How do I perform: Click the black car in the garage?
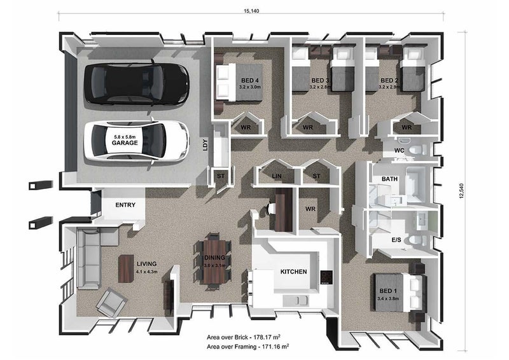click(x=137, y=83)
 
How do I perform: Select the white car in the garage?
click(x=136, y=141)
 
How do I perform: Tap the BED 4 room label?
click(x=249, y=80)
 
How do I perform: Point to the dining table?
click(x=214, y=262)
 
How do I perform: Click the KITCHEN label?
click(x=293, y=272)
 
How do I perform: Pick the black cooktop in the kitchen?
click(x=326, y=277)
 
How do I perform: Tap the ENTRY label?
click(x=125, y=205)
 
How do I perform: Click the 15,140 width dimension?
click(x=251, y=11)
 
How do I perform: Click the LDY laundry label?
click(x=205, y=144)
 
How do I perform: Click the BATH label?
click(x=389, y=179)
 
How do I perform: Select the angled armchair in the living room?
click(x=111, y=303)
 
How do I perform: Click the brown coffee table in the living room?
click(x=126, y=268)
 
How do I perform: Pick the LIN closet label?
click(x=277, y=176)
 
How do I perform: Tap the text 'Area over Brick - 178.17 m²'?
click(x=244, y=337)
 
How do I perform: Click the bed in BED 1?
click(x=400, y=293)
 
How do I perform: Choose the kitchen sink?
click(x=298, y=301)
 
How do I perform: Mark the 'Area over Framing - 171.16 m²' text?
click(x=248, y=347)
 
